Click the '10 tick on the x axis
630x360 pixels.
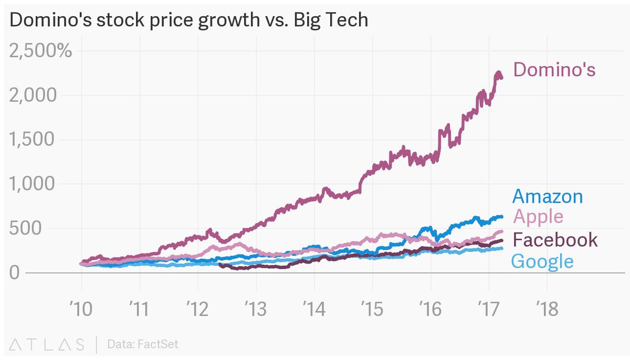[81, 309]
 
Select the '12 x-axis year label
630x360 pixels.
[197, 309]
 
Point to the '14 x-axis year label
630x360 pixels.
[314, 309]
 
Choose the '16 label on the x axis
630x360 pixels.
[430, 309]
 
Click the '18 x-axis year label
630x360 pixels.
[547, 309]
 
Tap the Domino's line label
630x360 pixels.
[554, 70]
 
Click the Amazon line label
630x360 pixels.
[547, 196]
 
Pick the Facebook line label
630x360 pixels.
[554, 240]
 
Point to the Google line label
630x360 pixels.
[542, 261]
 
